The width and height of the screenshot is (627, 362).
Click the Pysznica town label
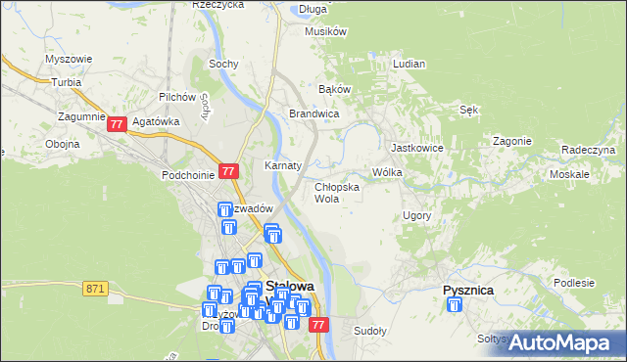[x=467, y=291]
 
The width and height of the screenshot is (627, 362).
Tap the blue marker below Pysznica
[x=455, y=306]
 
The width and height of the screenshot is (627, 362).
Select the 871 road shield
[x=94, y=288]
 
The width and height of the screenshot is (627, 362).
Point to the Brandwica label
[x=313, y=113]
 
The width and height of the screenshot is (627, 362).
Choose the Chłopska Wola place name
[x=336, y=192]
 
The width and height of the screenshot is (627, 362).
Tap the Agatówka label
[x=158, y=122]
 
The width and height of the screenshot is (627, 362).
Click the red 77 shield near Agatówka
[x=118, y=124]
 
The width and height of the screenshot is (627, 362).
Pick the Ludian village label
[x=409, y=64]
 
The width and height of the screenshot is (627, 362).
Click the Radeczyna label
[x=588, y=149]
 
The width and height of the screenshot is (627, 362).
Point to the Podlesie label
[x=573, y=283]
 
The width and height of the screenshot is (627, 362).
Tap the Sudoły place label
[x=370, y=331]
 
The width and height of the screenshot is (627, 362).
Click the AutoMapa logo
[x=562, y=343]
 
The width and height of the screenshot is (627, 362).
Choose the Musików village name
[x=326, y=31]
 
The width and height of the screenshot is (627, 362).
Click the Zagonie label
[x=511, y=141]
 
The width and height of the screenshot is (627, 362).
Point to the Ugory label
[x=417, y=214]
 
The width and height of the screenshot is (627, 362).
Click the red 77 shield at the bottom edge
[x=317, y=325]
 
